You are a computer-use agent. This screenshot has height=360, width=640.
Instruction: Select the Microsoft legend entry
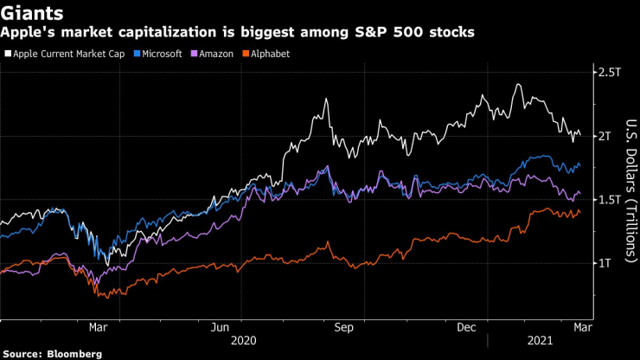click(161, 54)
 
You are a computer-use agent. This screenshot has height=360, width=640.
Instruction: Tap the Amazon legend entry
click(214, 54)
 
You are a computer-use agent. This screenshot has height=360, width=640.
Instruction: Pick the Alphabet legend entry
click(269, 54)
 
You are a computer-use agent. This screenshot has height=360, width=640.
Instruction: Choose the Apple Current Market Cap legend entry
click(67, 54)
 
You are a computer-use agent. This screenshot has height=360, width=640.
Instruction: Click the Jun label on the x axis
click(220, 327)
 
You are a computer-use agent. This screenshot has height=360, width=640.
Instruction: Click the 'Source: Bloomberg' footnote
click(51, 354)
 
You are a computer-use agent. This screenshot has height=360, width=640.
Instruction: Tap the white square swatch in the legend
click(7, 54)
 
